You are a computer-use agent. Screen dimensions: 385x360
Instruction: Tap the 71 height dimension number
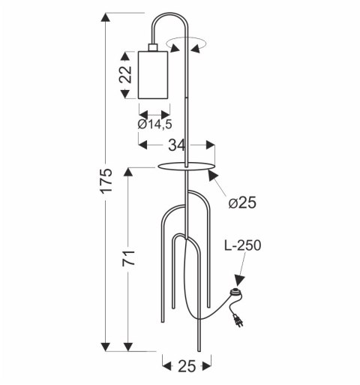129,259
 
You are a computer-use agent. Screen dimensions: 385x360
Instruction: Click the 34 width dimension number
177,144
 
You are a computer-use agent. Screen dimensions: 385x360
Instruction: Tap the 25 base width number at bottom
183,365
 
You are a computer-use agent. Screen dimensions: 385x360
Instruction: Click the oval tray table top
187,166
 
